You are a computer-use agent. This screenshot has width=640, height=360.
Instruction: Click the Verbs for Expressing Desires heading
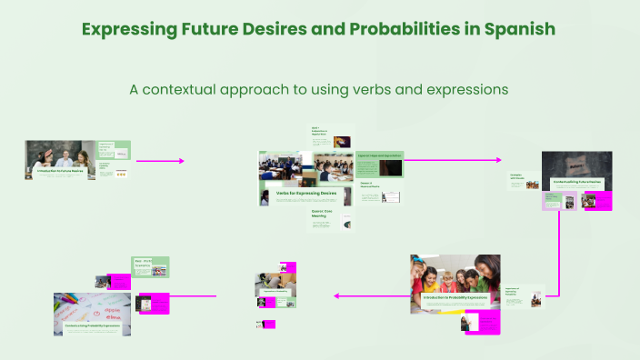tap(295, 193)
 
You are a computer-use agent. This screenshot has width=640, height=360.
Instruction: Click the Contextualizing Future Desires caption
tap(577, 181)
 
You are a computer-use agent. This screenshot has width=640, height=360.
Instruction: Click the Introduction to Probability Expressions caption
tap(455, 297)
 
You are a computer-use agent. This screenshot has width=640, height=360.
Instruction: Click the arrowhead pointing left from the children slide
tap(337, 295)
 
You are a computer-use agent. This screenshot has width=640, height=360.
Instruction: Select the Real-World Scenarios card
tap(151, 266)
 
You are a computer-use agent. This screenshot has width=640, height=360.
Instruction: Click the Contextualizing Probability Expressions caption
tap(92, 325)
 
